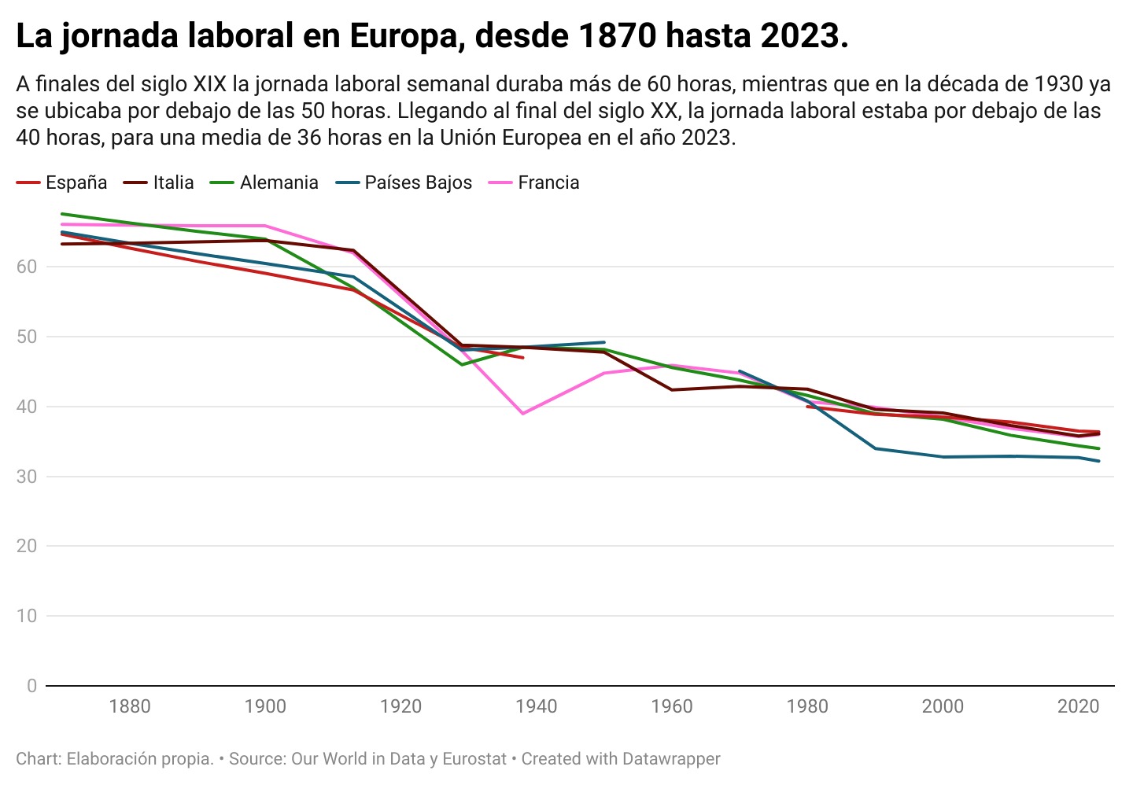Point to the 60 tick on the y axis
pos(27,267)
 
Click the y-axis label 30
pos(27,477)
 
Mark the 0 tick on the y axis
pos(31,686)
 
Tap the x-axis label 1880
pos(130,706)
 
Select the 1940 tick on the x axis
pos(537,706)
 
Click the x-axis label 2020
pos(1078,706)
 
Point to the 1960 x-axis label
pos(672,706)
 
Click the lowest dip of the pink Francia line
pos(522,413)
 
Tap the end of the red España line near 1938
pos(523,358)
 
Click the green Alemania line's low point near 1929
pos(462,364)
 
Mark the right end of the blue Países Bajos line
pos(1098,461)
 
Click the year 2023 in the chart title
pos(801,36)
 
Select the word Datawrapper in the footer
pos(670,759)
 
